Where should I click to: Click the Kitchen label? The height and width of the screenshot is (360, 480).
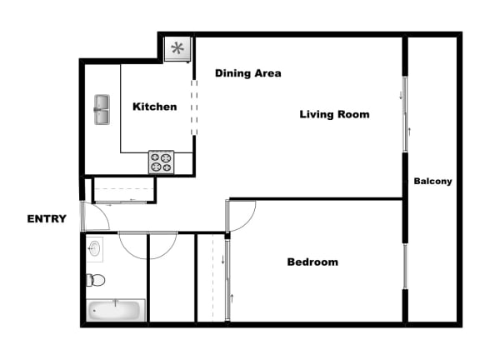point(155,107)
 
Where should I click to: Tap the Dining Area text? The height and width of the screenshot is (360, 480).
point(247,73)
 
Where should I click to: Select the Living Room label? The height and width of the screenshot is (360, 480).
point(334,114)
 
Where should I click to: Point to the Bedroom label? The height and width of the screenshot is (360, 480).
point(312,262)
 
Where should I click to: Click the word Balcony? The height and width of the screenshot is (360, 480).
point(432,181)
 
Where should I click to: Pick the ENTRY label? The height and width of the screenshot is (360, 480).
point(47,219)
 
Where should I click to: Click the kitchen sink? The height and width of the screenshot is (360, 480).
point(102,109)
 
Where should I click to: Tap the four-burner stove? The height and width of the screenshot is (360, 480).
point(161,162)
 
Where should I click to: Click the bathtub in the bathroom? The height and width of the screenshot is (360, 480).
point(116,310)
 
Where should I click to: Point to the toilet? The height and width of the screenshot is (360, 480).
point(94,280)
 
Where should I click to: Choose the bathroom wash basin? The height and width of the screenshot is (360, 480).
point(94,248)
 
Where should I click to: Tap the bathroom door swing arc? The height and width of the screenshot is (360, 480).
point(147,246)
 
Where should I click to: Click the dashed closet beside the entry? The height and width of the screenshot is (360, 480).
point(122,191)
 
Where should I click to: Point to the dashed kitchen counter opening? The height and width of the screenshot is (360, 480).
point(195,106)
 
